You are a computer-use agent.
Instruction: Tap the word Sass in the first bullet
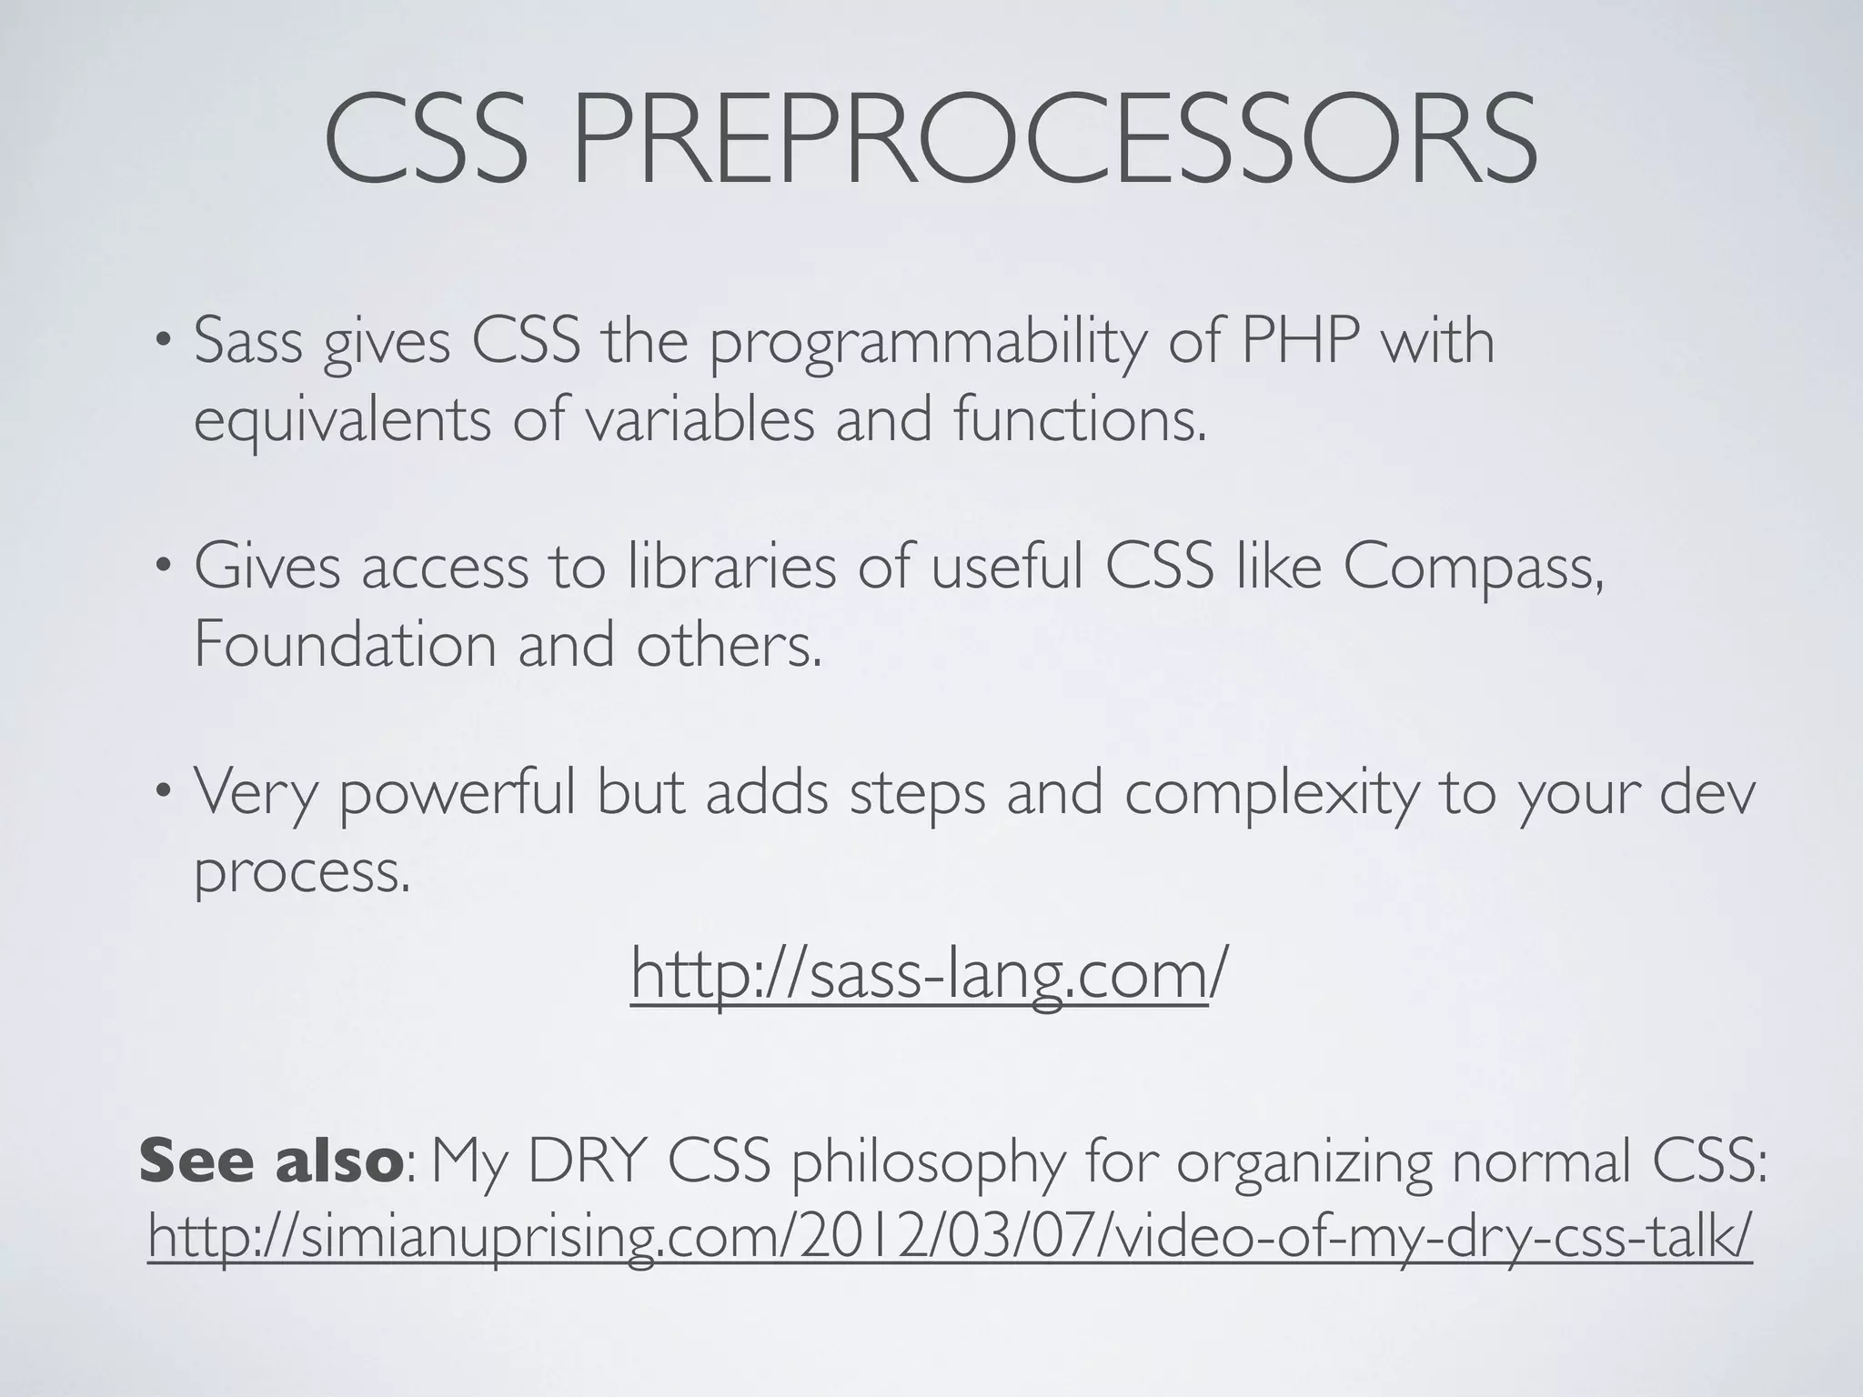point(247,342)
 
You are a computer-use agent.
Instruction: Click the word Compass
point(1473,569)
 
